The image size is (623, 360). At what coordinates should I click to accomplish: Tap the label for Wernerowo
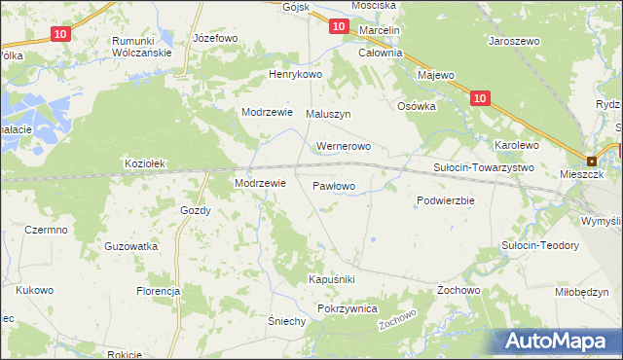click(x=344, y=147)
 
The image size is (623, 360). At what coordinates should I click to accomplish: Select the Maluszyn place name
click(x=328, y=114)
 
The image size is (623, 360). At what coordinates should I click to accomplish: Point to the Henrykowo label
click(x=295, y=75)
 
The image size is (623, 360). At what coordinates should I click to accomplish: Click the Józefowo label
click(x=216, y=38)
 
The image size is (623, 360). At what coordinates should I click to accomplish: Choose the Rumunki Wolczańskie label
click(x=142, y=47)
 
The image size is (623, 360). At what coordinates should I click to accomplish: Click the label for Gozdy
click(x=196, y=210)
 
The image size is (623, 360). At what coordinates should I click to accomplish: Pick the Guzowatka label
click(x=131, y=246)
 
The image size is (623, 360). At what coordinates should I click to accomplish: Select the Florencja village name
click(x=159, y=291)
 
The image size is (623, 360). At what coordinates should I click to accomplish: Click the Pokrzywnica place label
click(x=347, y=307)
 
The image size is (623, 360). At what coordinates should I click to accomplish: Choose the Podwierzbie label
click(x=445, y=200)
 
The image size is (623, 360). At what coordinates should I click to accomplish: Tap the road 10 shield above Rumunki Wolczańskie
click(x=60, y=34)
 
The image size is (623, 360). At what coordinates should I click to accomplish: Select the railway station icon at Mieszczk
click(x=591, y=162)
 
